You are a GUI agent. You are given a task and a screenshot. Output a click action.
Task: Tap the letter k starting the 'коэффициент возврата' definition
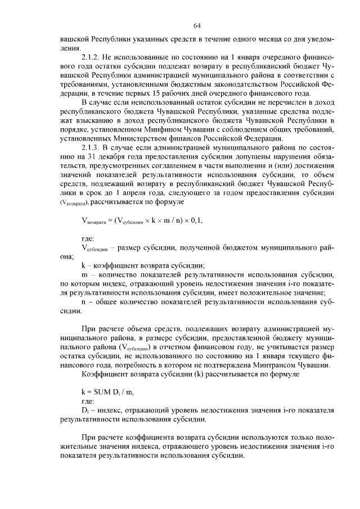(x=84, y=265)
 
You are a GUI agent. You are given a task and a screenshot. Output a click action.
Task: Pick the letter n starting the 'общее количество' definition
(x=84, y=301)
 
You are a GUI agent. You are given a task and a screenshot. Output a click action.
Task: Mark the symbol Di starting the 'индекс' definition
(x=85, y=411)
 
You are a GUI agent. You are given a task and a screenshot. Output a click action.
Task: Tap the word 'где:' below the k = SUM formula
(x=88, y=401)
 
